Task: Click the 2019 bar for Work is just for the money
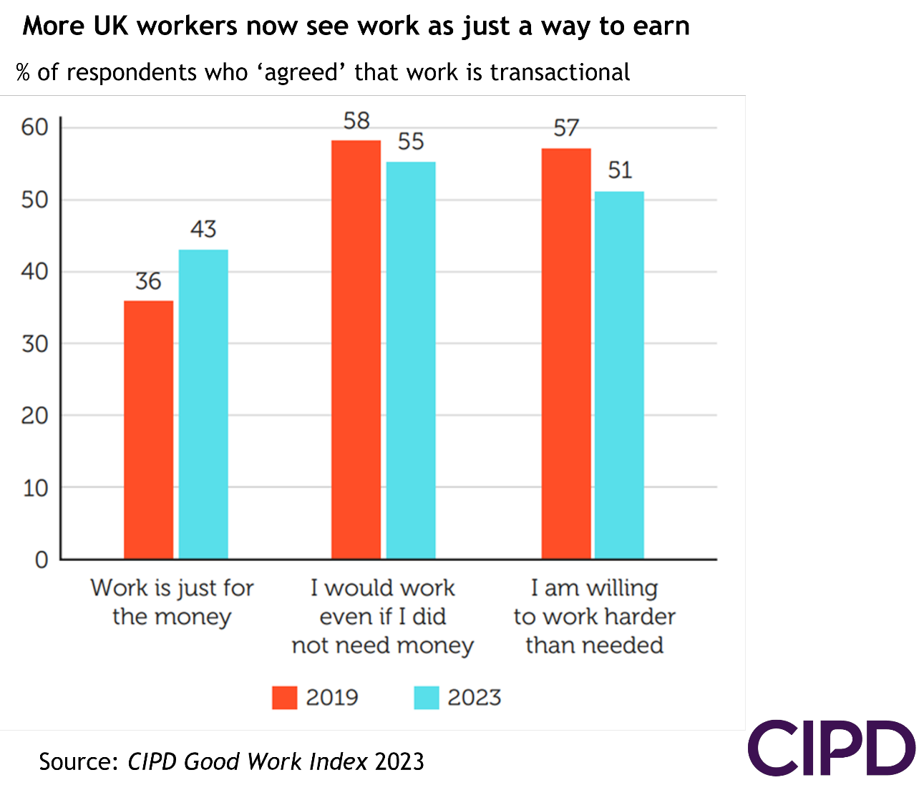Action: tap(148, 429)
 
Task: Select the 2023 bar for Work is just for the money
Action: tap(203, 404)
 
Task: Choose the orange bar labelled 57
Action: tap(566, 353)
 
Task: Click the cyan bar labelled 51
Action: tap(619, 375)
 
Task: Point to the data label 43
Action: tap(203, 229)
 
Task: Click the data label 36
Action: tap(148, 281)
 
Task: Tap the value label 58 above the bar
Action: tap(356, 121)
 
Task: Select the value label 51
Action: tap(620, 170)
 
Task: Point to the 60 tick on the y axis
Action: tap(34, 127)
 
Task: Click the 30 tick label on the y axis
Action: tap(34, 344)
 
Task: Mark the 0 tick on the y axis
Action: tap(42, 560)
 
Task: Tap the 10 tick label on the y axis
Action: tap(34, 488)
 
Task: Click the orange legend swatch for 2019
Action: tap(284, 698)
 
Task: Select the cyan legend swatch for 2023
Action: tap(427, 698)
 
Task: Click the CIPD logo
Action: tap(831, 748)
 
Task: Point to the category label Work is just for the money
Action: tap(172, 602)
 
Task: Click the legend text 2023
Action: tap(474, 698)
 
